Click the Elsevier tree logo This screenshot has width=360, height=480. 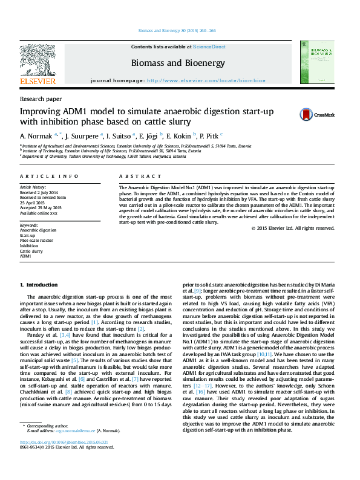point(38,61)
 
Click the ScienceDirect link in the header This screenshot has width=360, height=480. point(209,47)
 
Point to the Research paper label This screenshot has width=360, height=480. point(37,99)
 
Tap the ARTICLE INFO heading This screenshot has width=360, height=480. point(49,176)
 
